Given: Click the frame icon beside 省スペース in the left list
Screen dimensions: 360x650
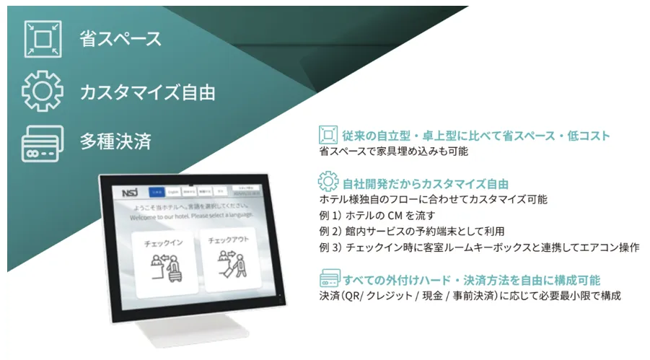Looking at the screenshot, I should (40, 38).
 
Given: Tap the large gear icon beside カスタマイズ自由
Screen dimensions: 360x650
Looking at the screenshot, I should (40, 92).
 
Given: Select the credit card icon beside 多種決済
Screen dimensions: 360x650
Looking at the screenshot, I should (40, 141).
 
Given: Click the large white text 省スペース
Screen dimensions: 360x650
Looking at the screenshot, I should (121, 39).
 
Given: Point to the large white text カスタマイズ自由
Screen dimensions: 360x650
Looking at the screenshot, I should (148, 92).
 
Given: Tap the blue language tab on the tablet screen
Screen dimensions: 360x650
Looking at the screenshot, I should (157, 192).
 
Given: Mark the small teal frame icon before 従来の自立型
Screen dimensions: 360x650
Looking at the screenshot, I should (328, 136).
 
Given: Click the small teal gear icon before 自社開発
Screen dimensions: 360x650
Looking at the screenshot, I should (328, 182).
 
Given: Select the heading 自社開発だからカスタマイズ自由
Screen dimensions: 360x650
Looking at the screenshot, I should (426, 183).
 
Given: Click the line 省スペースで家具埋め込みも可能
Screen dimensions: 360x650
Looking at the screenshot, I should (393, 152).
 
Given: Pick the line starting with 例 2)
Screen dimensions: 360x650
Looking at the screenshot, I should (411, 232).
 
